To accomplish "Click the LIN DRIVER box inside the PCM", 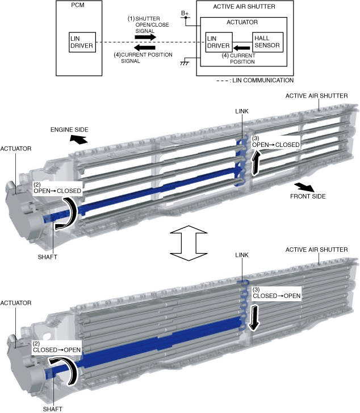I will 81,41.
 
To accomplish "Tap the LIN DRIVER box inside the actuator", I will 217,41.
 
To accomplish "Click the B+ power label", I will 185,13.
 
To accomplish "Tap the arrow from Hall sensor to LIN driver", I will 242,48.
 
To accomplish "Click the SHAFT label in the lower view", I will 52,408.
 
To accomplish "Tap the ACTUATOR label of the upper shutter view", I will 16,149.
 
